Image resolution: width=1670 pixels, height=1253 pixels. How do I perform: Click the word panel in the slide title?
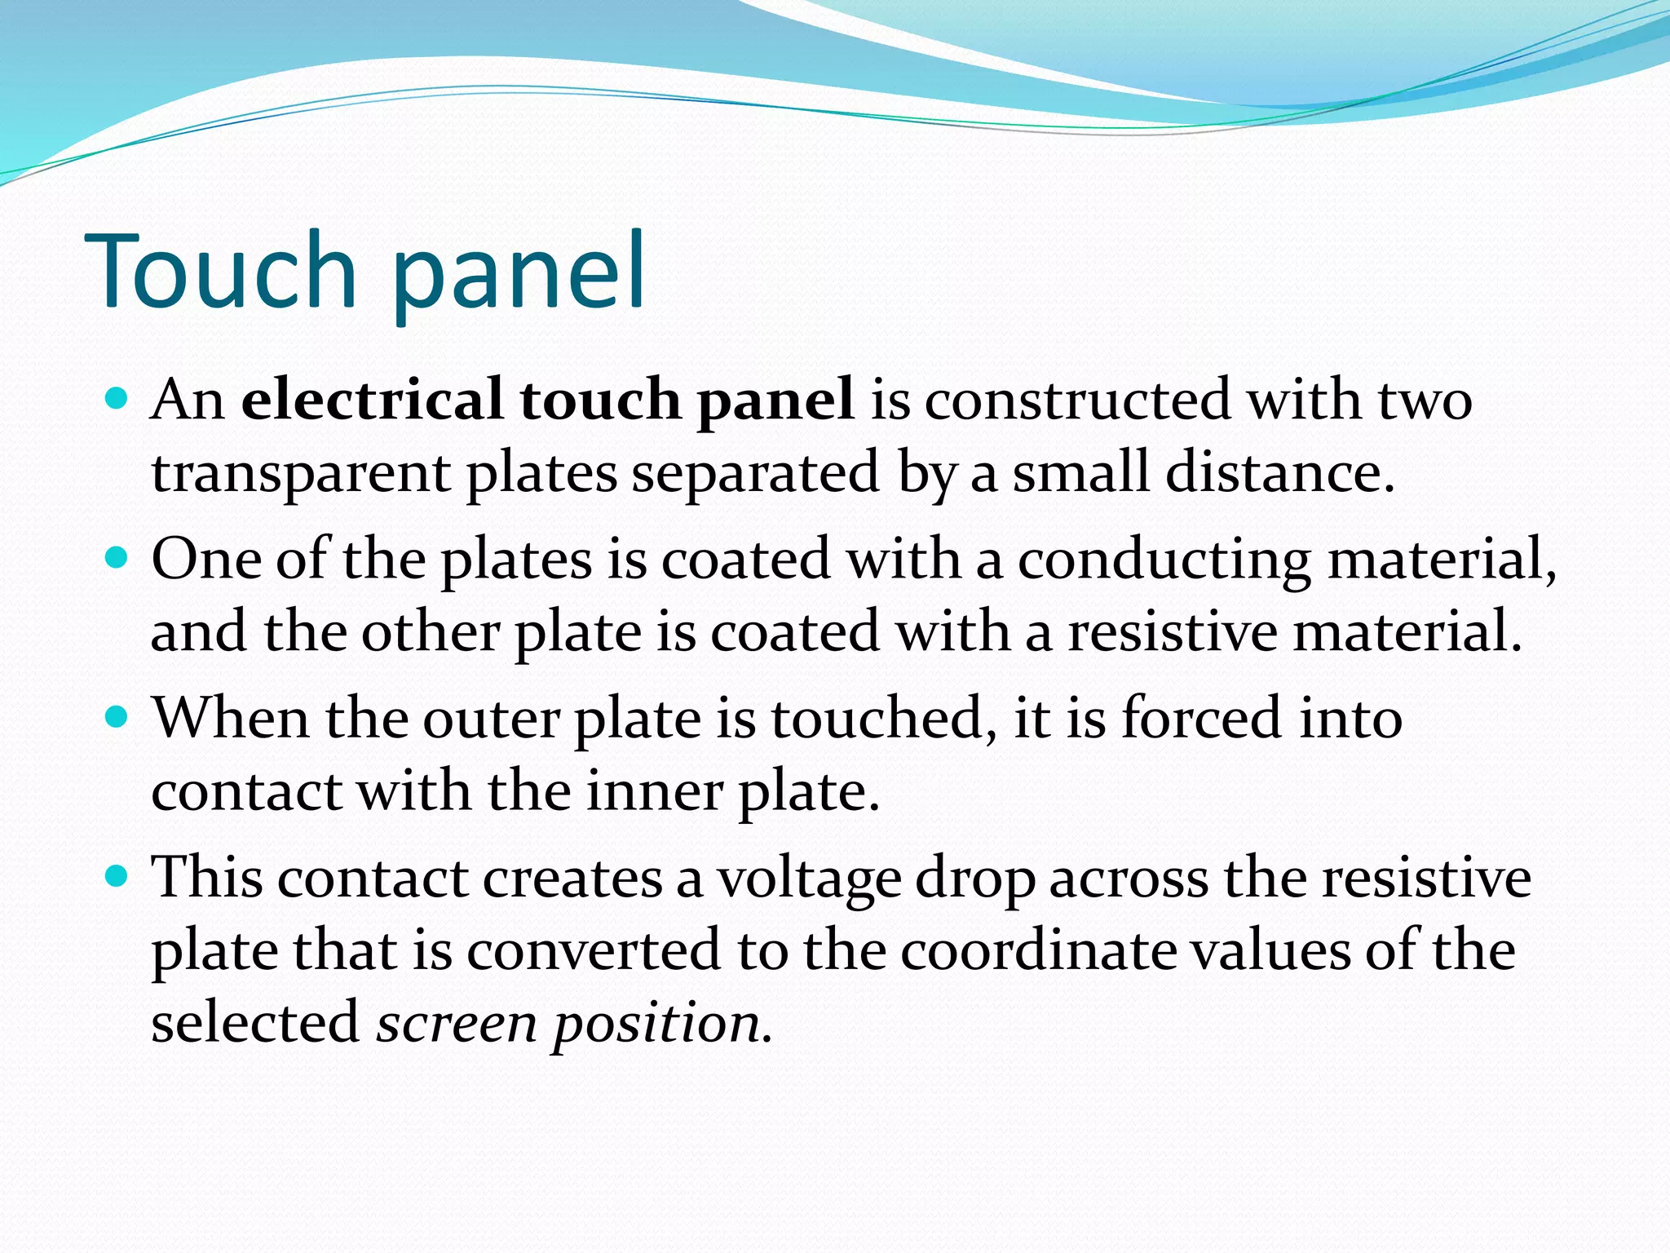click(x=519, y=273)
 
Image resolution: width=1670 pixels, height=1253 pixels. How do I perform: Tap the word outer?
click(x=491, y=719)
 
